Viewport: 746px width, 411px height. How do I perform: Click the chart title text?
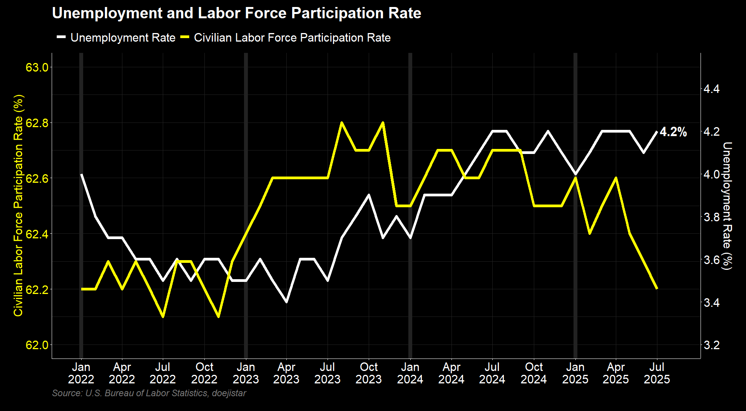point(236,13)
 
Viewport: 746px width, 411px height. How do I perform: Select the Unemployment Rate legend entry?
point(123,38)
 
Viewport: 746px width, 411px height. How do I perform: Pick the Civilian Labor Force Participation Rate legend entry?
point(292,38)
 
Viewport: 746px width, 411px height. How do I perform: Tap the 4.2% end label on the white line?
point(673,132)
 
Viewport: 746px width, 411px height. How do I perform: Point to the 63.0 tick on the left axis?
point(37,67)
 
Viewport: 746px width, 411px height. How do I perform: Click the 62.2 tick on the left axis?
point(37,290)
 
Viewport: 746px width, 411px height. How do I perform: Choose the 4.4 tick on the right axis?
point(712,89)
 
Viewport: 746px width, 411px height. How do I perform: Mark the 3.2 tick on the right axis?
point(712,345)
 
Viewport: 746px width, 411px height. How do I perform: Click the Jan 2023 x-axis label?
point(246,373)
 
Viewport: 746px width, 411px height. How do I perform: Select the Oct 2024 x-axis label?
point(533,373)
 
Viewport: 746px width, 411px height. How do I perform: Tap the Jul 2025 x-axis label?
point(657,373)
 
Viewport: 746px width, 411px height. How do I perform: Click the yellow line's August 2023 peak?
point(342,123)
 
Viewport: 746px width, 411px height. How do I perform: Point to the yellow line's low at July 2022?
point(163,317)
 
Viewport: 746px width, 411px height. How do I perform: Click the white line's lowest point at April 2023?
point(286,302)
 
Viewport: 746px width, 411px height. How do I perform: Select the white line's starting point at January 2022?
point(81,175)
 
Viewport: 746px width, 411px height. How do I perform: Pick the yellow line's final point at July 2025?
point(657,289)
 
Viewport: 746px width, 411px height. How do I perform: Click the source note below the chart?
point(149,393)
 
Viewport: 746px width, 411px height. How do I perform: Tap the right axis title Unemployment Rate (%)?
point(727,206)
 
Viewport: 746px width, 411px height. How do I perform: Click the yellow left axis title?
point(18,206)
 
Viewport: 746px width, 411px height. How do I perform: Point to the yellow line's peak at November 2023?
point(383,123)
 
